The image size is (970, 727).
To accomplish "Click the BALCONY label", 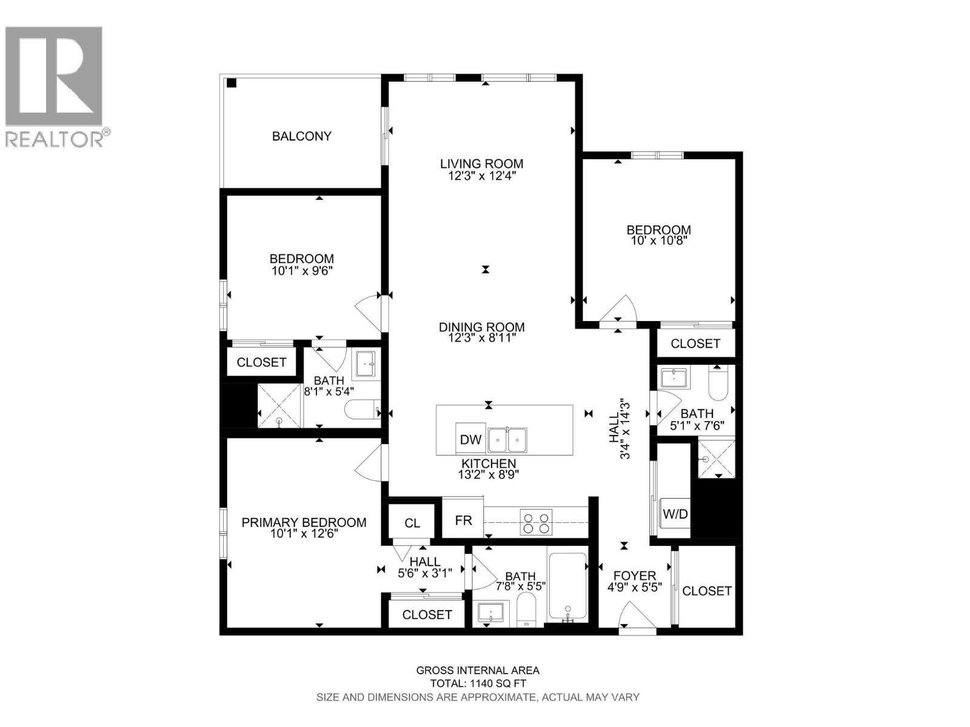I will pyautogui.click(x=301, y=136).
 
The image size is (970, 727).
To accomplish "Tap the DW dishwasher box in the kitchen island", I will pyautogui.click(x=470, y=440).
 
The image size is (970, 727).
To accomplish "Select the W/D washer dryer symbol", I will pyautogui.click(x=675, y=514).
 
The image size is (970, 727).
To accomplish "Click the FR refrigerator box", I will pyautogui.click(x=463, y=520).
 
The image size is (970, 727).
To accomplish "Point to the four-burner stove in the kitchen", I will pyautogui.click(x=537, y=523).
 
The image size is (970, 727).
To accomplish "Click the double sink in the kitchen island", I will pyautogui.click(x=508, y=439).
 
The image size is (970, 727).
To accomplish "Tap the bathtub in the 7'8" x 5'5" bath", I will pyautogui.click(x=567, y=586).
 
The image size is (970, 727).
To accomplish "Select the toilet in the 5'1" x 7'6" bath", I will pyautogui.click(x=718, y=385).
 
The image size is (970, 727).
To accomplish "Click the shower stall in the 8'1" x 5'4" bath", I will pyautogui.click(x=279, y=406).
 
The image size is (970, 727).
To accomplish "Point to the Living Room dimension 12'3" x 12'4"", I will pyautogui.click(x=481, y=176).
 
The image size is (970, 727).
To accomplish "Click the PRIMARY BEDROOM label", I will pyautogui.click(x=304, y=522).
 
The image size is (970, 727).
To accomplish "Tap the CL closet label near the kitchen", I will pyautogui.click(x=412, y=523).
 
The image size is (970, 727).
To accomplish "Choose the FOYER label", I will pyautogui.click(x=634, y=576).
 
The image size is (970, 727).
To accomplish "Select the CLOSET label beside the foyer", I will pyautogui.click(x=707, y=591).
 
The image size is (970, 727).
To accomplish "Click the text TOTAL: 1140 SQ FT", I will pyautogui.click(x=478, y=683).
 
